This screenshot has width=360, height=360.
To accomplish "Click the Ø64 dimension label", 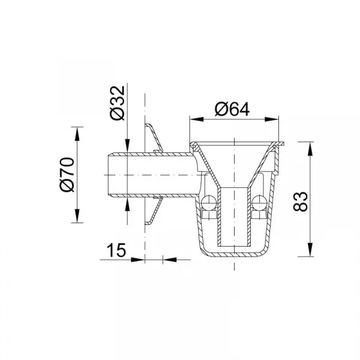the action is (232, 109).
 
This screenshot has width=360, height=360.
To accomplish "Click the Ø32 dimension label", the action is (118, 103).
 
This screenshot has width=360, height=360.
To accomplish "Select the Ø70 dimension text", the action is (67, 175).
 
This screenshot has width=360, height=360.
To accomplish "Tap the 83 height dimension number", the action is (301, 202).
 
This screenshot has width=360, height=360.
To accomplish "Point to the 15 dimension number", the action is (116, 250).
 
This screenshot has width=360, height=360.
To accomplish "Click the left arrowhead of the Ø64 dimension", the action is (197, 119).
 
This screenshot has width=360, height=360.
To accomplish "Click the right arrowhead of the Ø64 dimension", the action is (272, 119).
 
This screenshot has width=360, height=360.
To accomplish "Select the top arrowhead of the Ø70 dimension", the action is (77, 134).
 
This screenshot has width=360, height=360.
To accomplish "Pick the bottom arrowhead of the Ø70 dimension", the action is (77, 215).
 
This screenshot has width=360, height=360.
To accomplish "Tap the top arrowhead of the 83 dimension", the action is (310, 149).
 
